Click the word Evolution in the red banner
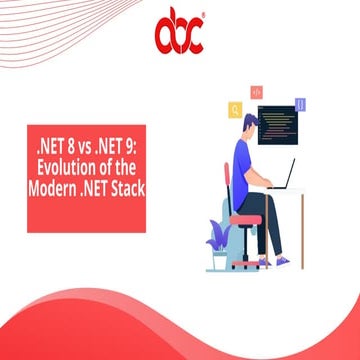[x=62, y=166]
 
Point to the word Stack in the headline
[x=124, y=186]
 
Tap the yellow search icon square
[x=235, y=109]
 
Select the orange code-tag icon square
[x=256, y=91]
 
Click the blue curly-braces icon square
[x=299, y=104]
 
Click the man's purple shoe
[x=284, y=261]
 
